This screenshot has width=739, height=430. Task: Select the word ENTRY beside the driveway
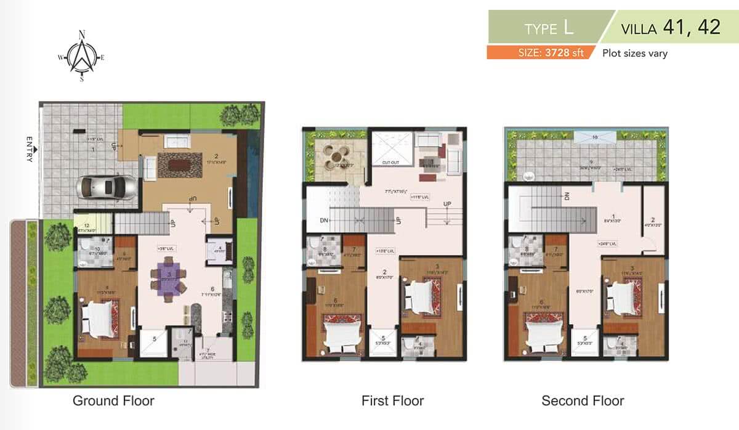click(29, 149)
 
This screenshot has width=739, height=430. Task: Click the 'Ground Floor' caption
click(113, 401)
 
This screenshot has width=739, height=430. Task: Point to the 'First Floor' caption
click(392, 401)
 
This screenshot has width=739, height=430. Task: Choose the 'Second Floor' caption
click(583, 401)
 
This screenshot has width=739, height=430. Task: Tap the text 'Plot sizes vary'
click(634, 53)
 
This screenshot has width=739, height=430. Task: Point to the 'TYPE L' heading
click(550, 28)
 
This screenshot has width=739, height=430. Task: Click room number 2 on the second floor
click(653, 219)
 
